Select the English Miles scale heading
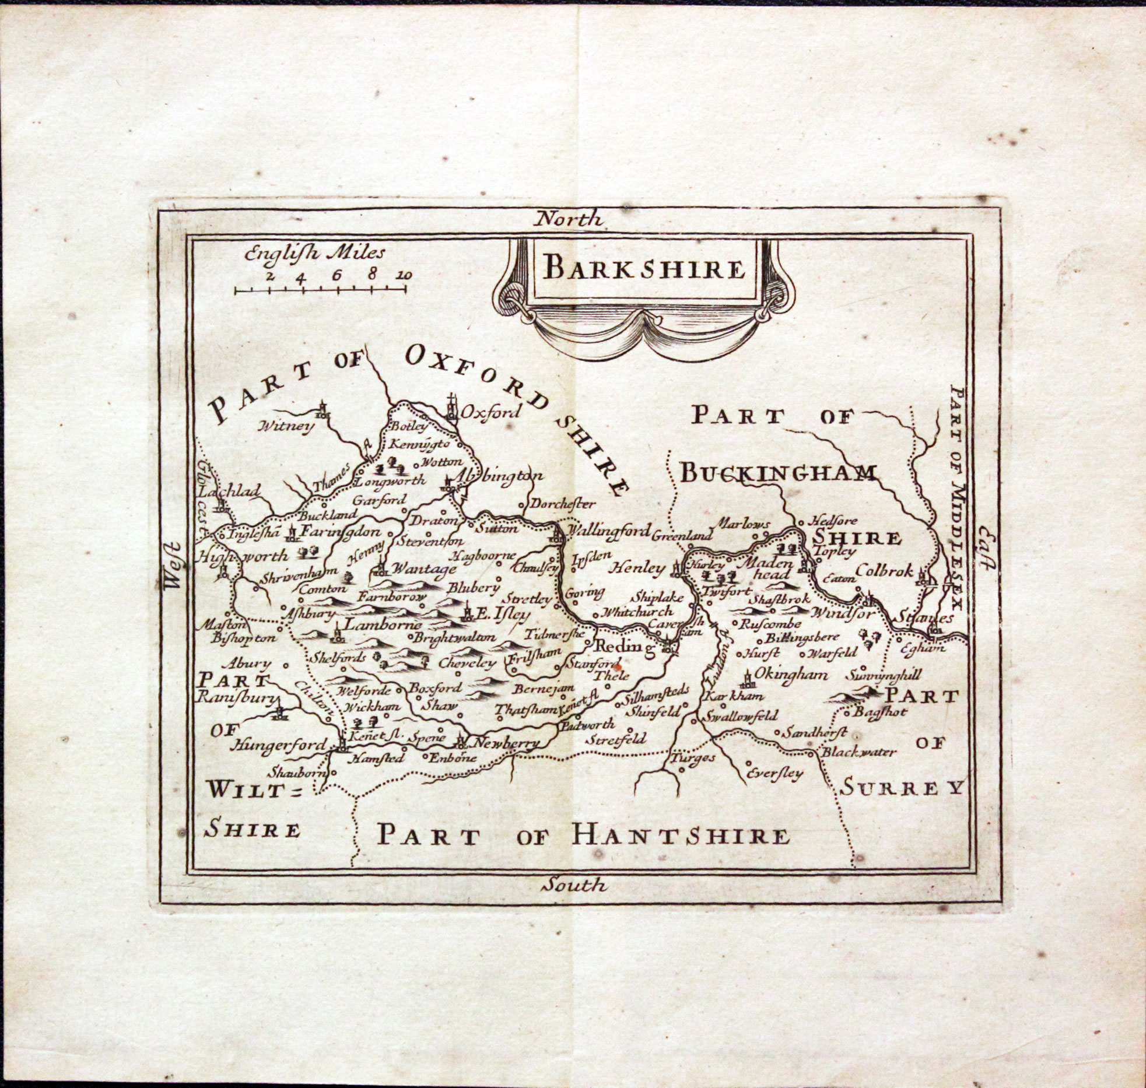[x=315, y=253]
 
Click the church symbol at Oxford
[x=451, y=408]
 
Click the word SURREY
[x=901, y=788]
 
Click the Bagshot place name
[x=880, y=713]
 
